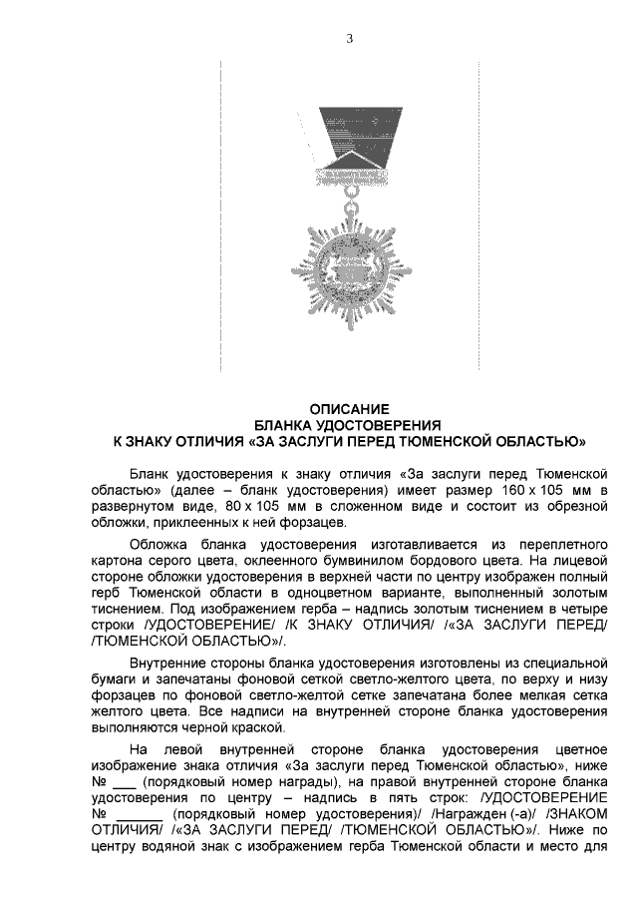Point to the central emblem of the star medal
coord(349,267)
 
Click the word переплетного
coord(563,545)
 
